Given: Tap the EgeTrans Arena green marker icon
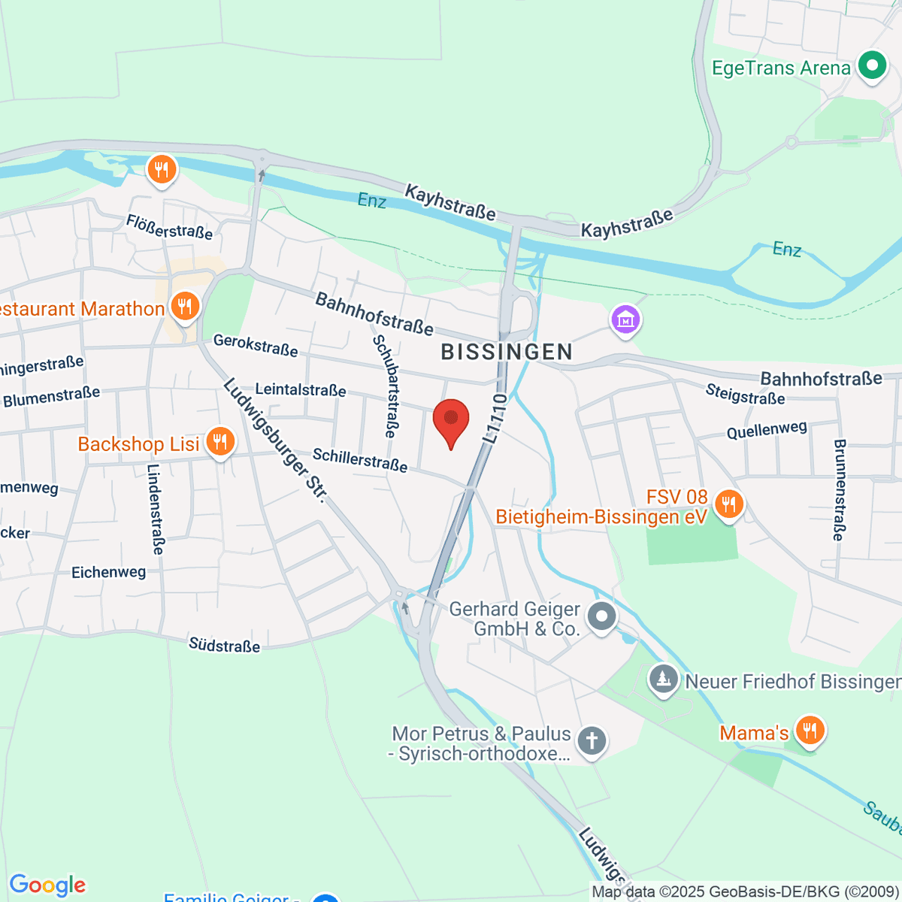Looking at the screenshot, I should (x=872, y=66).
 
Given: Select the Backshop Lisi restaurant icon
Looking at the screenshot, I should (x=219, y=442).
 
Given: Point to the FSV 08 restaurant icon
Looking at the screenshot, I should (x=728, y=503).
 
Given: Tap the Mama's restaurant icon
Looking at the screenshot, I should (x=810, y=730).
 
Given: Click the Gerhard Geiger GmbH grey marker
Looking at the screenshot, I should (x=601, y=618).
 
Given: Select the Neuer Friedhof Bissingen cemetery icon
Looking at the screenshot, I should (x=662, y=680).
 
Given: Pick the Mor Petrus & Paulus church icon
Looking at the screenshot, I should (x=592, y=741).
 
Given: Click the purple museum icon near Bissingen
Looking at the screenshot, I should (x=625, y=320).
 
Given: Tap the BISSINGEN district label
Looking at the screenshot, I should (x=507, y=352).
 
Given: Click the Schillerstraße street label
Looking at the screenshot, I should (x=360, y=459).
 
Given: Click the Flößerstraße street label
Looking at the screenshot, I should (x=169, y=226).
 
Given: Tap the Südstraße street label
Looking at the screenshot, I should (x=224, y=644).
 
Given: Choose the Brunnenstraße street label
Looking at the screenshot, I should (x=838, y=490).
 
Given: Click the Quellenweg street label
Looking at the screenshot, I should (x=766, y=430).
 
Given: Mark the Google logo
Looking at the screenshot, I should (x=47, y=885).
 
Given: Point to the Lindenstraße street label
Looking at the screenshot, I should (x=155, y=509).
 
